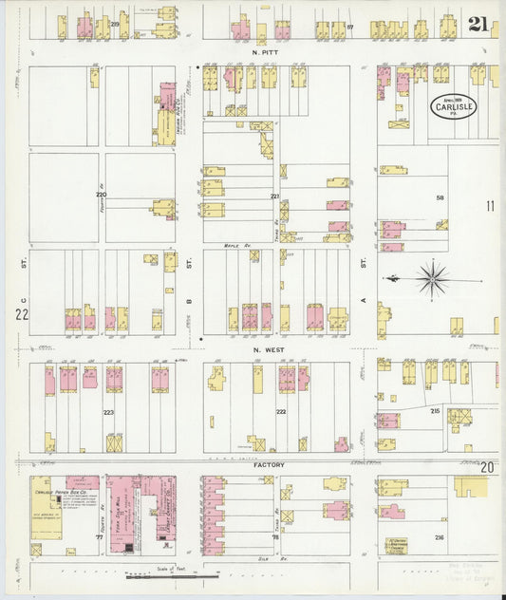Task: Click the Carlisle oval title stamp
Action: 455,103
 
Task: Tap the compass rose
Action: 432,279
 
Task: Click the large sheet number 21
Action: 478,24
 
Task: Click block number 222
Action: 281,411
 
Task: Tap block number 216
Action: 440,537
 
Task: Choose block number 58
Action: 440,197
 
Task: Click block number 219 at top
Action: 114,23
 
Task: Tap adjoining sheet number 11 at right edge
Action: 491,205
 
